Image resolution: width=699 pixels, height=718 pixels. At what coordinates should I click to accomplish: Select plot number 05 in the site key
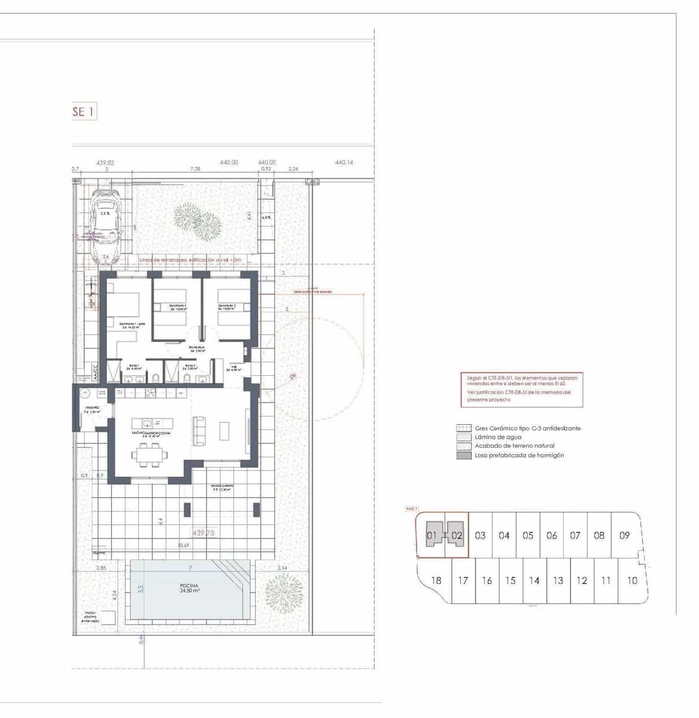tap(527, 536)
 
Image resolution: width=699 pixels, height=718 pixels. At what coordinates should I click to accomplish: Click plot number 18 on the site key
tap(436, 580)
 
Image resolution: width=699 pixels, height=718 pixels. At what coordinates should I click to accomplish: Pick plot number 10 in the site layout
tap(632, 580)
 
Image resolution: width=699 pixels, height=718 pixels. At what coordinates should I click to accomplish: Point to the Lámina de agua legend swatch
tap(463, 437)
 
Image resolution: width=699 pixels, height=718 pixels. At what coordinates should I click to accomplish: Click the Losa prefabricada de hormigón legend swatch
tap(463, 455)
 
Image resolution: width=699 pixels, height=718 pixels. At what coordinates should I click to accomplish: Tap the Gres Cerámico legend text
tap(527, 428)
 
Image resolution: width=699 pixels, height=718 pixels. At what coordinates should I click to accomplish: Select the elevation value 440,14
tap(344, 162)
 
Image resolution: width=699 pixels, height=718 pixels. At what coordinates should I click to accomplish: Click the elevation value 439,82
tap(105, 162)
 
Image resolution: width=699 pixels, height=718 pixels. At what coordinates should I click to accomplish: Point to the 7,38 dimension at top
tap(195, 169)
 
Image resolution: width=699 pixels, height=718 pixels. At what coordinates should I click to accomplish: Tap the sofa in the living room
tap(199, 430)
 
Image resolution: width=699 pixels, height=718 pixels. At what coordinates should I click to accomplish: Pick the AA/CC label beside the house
tap(94, 372)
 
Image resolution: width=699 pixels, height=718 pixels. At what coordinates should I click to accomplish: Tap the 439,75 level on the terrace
tap(204, 533)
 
